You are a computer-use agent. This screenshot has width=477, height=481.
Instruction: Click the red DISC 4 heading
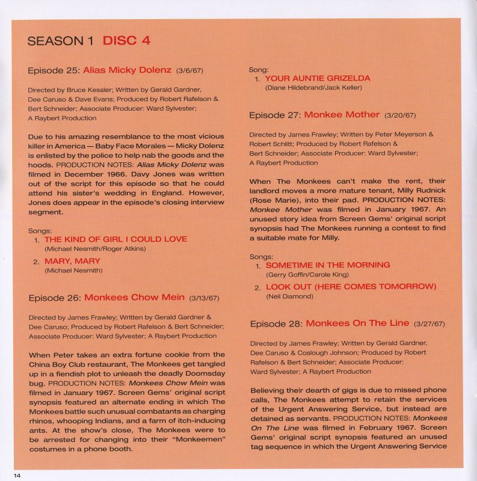[126, 41]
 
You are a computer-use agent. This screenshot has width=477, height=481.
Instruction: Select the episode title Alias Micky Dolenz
[128, 70]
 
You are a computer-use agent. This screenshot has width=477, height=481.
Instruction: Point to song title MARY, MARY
[72, 261]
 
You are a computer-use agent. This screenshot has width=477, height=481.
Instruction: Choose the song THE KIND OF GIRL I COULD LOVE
[115, 239]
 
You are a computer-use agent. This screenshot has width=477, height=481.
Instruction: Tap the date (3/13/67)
[205, 298]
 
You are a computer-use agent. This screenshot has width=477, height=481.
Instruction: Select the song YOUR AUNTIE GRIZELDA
[317, 78]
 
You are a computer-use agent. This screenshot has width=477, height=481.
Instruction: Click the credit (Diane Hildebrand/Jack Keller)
[313, 88]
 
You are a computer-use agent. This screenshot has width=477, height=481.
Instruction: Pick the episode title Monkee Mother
[342, 114]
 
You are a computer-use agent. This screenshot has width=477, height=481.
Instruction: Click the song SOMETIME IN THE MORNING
[328, 265]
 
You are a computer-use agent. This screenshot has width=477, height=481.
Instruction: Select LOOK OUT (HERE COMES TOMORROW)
[351, 286]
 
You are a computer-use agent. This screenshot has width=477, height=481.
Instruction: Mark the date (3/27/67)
[428, 323]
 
